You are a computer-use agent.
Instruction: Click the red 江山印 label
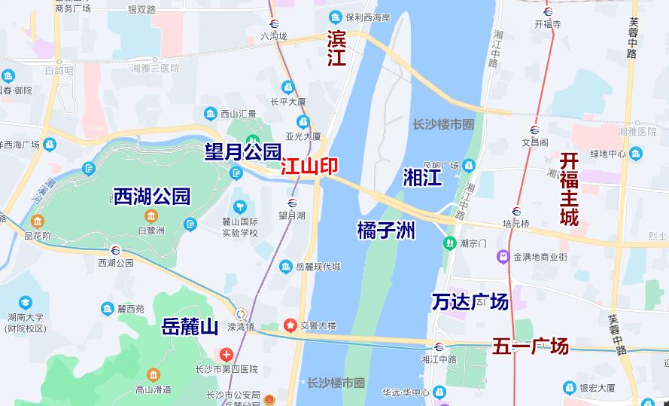pyautogui.click(x=309, y=167)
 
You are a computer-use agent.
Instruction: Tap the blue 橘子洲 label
pyautogui.click(x=386, y=230)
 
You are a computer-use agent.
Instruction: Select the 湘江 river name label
pyautogui.click(x=422, y=178)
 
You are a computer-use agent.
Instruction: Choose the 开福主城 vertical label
pyautogui.click(x=569, y=189)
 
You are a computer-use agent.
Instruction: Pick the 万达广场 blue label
pyautogui.click(x=470, y=302)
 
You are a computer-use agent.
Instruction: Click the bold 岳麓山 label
pyautogui.click(x=190, y=327)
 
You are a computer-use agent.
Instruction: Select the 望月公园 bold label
pyautogui.click(x=242, y=152)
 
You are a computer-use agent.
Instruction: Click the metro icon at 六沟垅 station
pyautogui.click(x=275, y=23)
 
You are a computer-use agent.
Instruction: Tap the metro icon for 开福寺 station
pyautogui.click(x=548, y=11)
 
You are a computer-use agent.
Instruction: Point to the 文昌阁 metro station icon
pyautogui.click(x=534, y=130)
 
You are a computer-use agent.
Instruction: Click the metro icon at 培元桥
pyautogui.click(x=516, y=211)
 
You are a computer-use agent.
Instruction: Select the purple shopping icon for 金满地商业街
pyautogui.click(x=502, y=258)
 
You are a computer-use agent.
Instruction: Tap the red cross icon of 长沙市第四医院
pyautogui.click(x=226, y=354)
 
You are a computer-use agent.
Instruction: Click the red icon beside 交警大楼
pyautogui.click(x=290, y=325)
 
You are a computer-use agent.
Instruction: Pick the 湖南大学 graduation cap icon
pyautogui.click(x=26, y=303)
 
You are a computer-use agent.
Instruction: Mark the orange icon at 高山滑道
pyautogui.click(x=154, y=374)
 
